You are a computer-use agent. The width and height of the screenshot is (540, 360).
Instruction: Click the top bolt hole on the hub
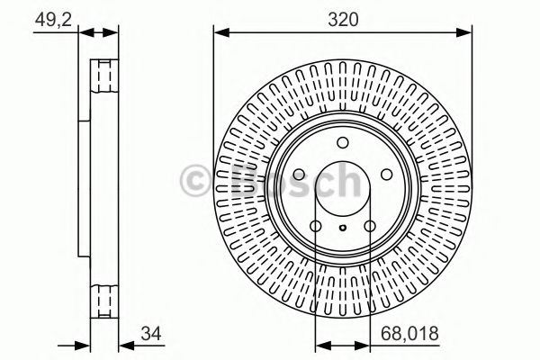[x=342, y=142]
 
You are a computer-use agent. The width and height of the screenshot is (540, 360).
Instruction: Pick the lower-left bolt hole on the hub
[x=316, y=226]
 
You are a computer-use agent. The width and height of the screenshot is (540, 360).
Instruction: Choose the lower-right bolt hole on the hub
[x=369, y=226]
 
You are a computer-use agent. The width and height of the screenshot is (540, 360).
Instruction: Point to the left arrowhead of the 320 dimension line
[x=219, y=33]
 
